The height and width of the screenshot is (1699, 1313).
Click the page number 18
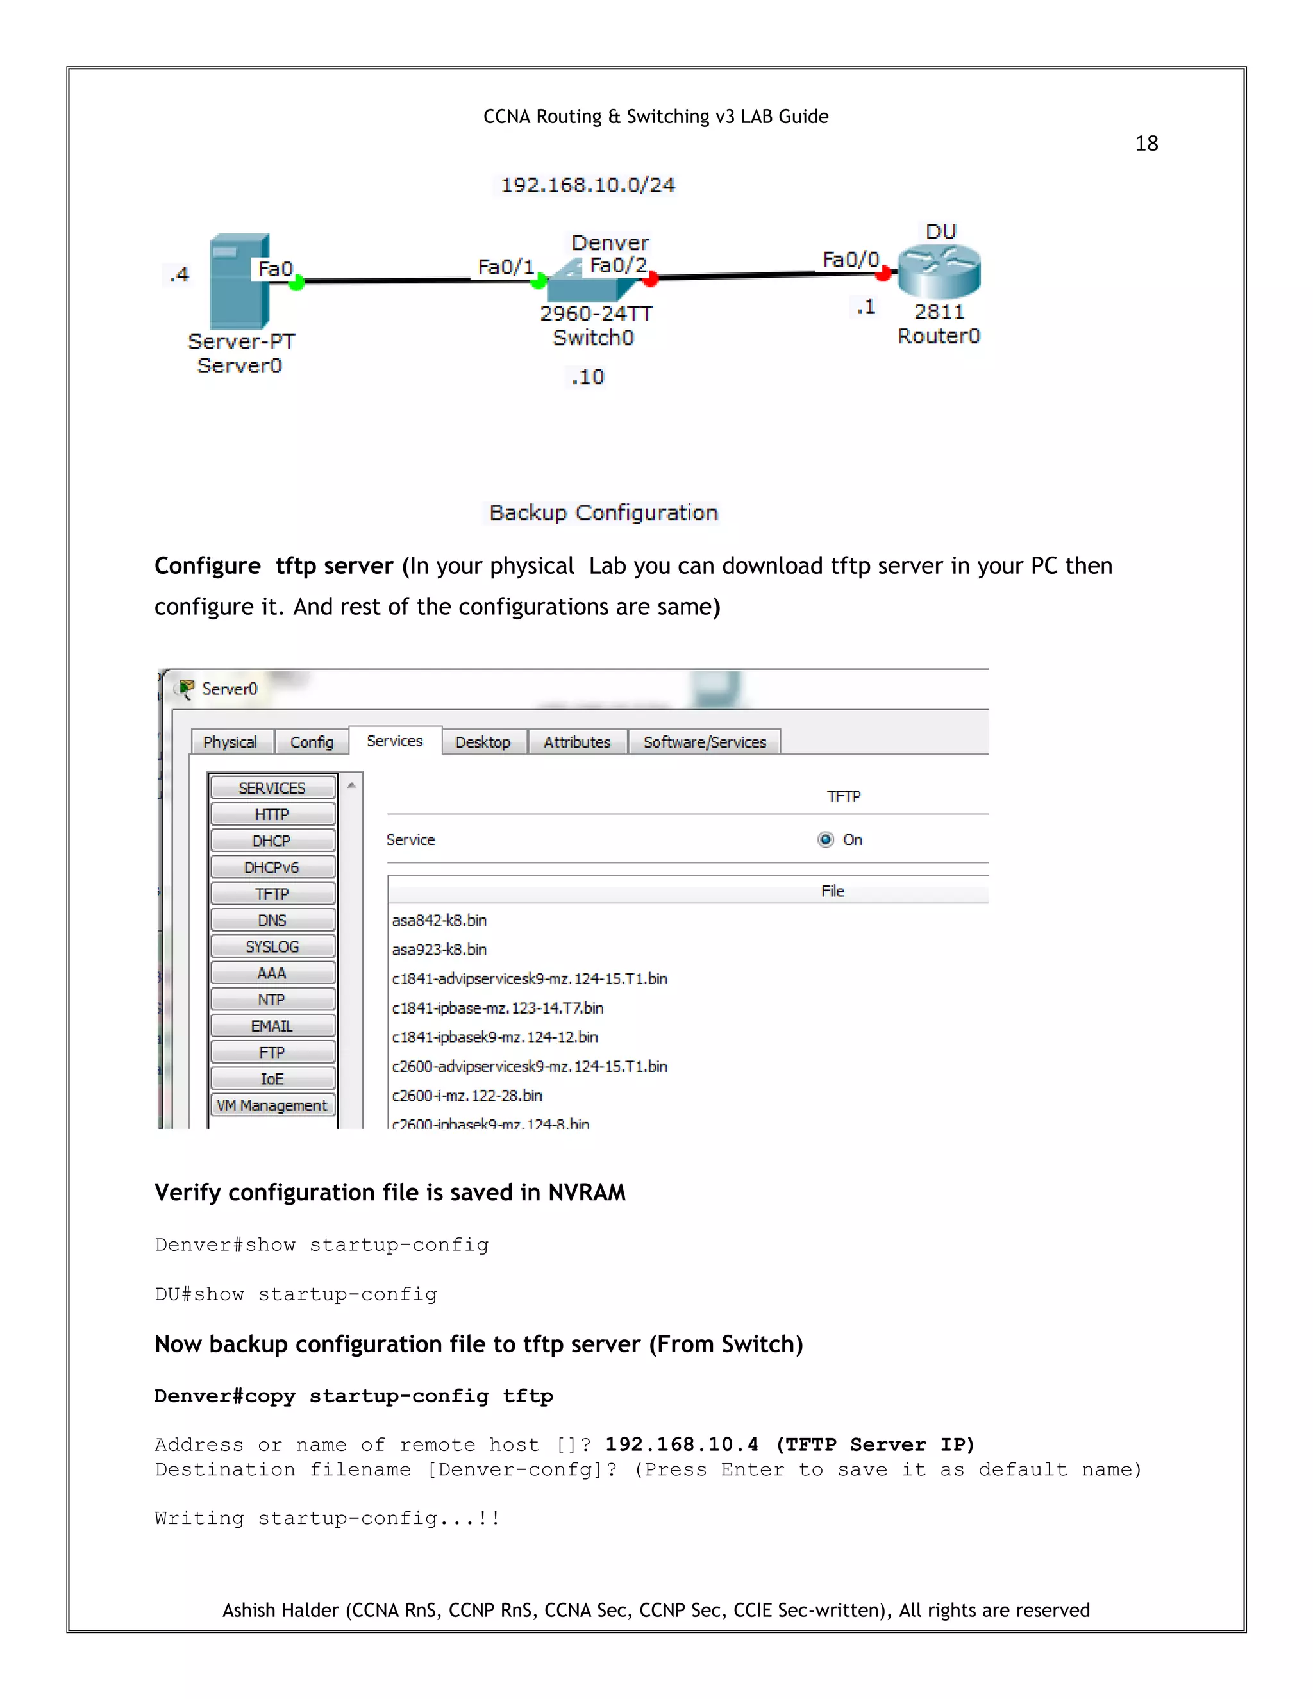click(x=1146, y=143)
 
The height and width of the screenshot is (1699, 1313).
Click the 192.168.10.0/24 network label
click(x=587, y=185)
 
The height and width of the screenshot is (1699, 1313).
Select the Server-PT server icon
click(x=238, y=281)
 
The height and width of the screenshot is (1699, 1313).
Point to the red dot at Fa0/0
click(x=883, y=274)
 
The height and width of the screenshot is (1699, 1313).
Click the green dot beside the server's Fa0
click(x=296, y=283)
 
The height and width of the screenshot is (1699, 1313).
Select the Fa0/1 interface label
click(x=506, y=267)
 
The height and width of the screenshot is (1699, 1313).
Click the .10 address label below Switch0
click(x=587, y=377)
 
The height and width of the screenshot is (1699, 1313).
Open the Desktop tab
click(x=483, y=742)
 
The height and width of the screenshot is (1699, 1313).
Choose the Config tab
click(x=311, y=742)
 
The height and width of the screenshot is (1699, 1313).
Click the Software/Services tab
click(x=705, y=742)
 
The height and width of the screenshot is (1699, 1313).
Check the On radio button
click(x=826, y=839)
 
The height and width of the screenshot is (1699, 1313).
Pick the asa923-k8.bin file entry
click(x=439, y=949)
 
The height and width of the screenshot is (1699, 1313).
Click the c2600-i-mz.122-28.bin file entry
click(x=467, y=1095)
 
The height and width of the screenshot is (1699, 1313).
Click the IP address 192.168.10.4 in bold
click(x=682, y=1444)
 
